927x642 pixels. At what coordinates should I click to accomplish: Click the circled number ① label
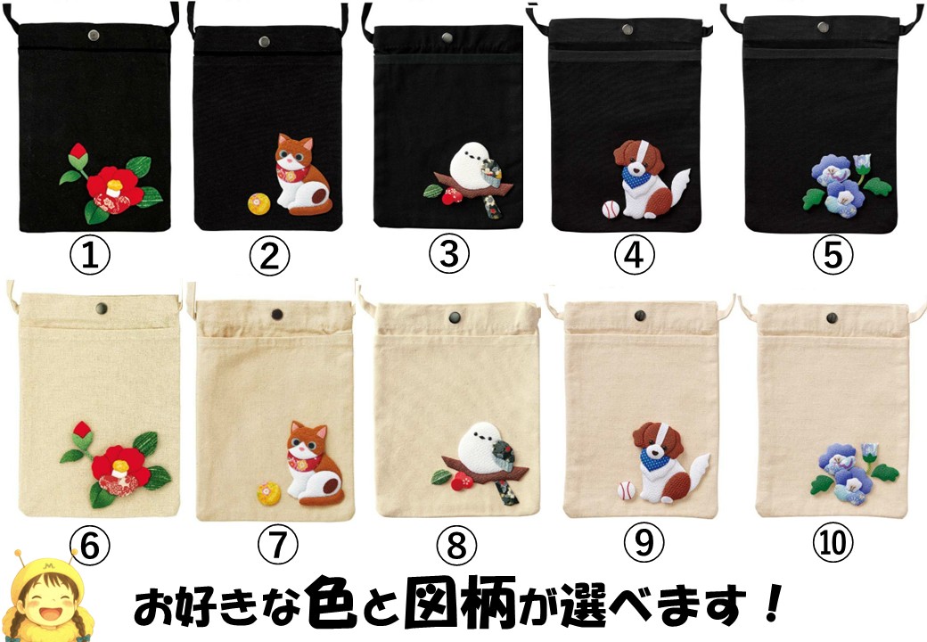90,257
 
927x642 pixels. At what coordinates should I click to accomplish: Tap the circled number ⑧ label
456,545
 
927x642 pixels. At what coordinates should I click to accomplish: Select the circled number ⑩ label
832,542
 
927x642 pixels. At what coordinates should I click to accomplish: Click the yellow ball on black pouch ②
259,204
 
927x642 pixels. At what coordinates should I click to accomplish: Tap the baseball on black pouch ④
611,209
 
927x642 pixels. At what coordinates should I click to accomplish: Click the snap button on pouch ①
94,35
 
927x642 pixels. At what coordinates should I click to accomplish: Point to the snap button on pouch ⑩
832,318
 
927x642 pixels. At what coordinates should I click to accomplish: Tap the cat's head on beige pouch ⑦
307,440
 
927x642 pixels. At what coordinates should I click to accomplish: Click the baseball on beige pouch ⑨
626,490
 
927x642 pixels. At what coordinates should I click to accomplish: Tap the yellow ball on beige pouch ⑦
269,494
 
